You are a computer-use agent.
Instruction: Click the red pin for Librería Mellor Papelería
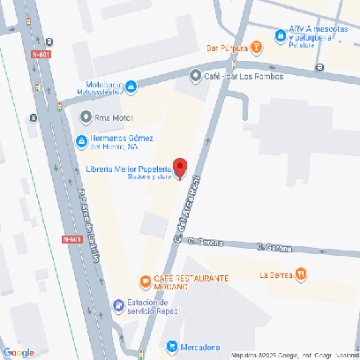[179, 167]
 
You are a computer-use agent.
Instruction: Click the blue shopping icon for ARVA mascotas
[281, 35]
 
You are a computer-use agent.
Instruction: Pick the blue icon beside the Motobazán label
[131, 86]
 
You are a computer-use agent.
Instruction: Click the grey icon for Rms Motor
[86, 116]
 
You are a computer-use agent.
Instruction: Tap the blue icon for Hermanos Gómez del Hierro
[80, 141]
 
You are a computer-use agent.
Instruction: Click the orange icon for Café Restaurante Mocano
[145, 282]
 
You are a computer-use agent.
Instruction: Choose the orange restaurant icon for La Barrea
[302, 274]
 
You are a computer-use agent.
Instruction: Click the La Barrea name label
[275, 274]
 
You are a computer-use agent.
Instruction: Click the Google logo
[19, 352]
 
